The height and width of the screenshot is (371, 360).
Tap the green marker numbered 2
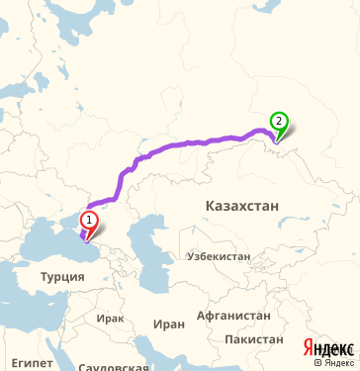(x=279, y=123)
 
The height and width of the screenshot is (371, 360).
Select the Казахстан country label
(x=242, y=205)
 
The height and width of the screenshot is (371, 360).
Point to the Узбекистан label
(x=219, y=255)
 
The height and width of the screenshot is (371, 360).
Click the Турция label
(x=62, y=277)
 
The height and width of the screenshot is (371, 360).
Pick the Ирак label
(x=111, y=320)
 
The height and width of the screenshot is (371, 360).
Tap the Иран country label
(x=169, y=324)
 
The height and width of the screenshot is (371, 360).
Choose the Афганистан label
(x=233, y=316)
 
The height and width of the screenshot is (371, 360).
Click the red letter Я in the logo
(x=307, y=347)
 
